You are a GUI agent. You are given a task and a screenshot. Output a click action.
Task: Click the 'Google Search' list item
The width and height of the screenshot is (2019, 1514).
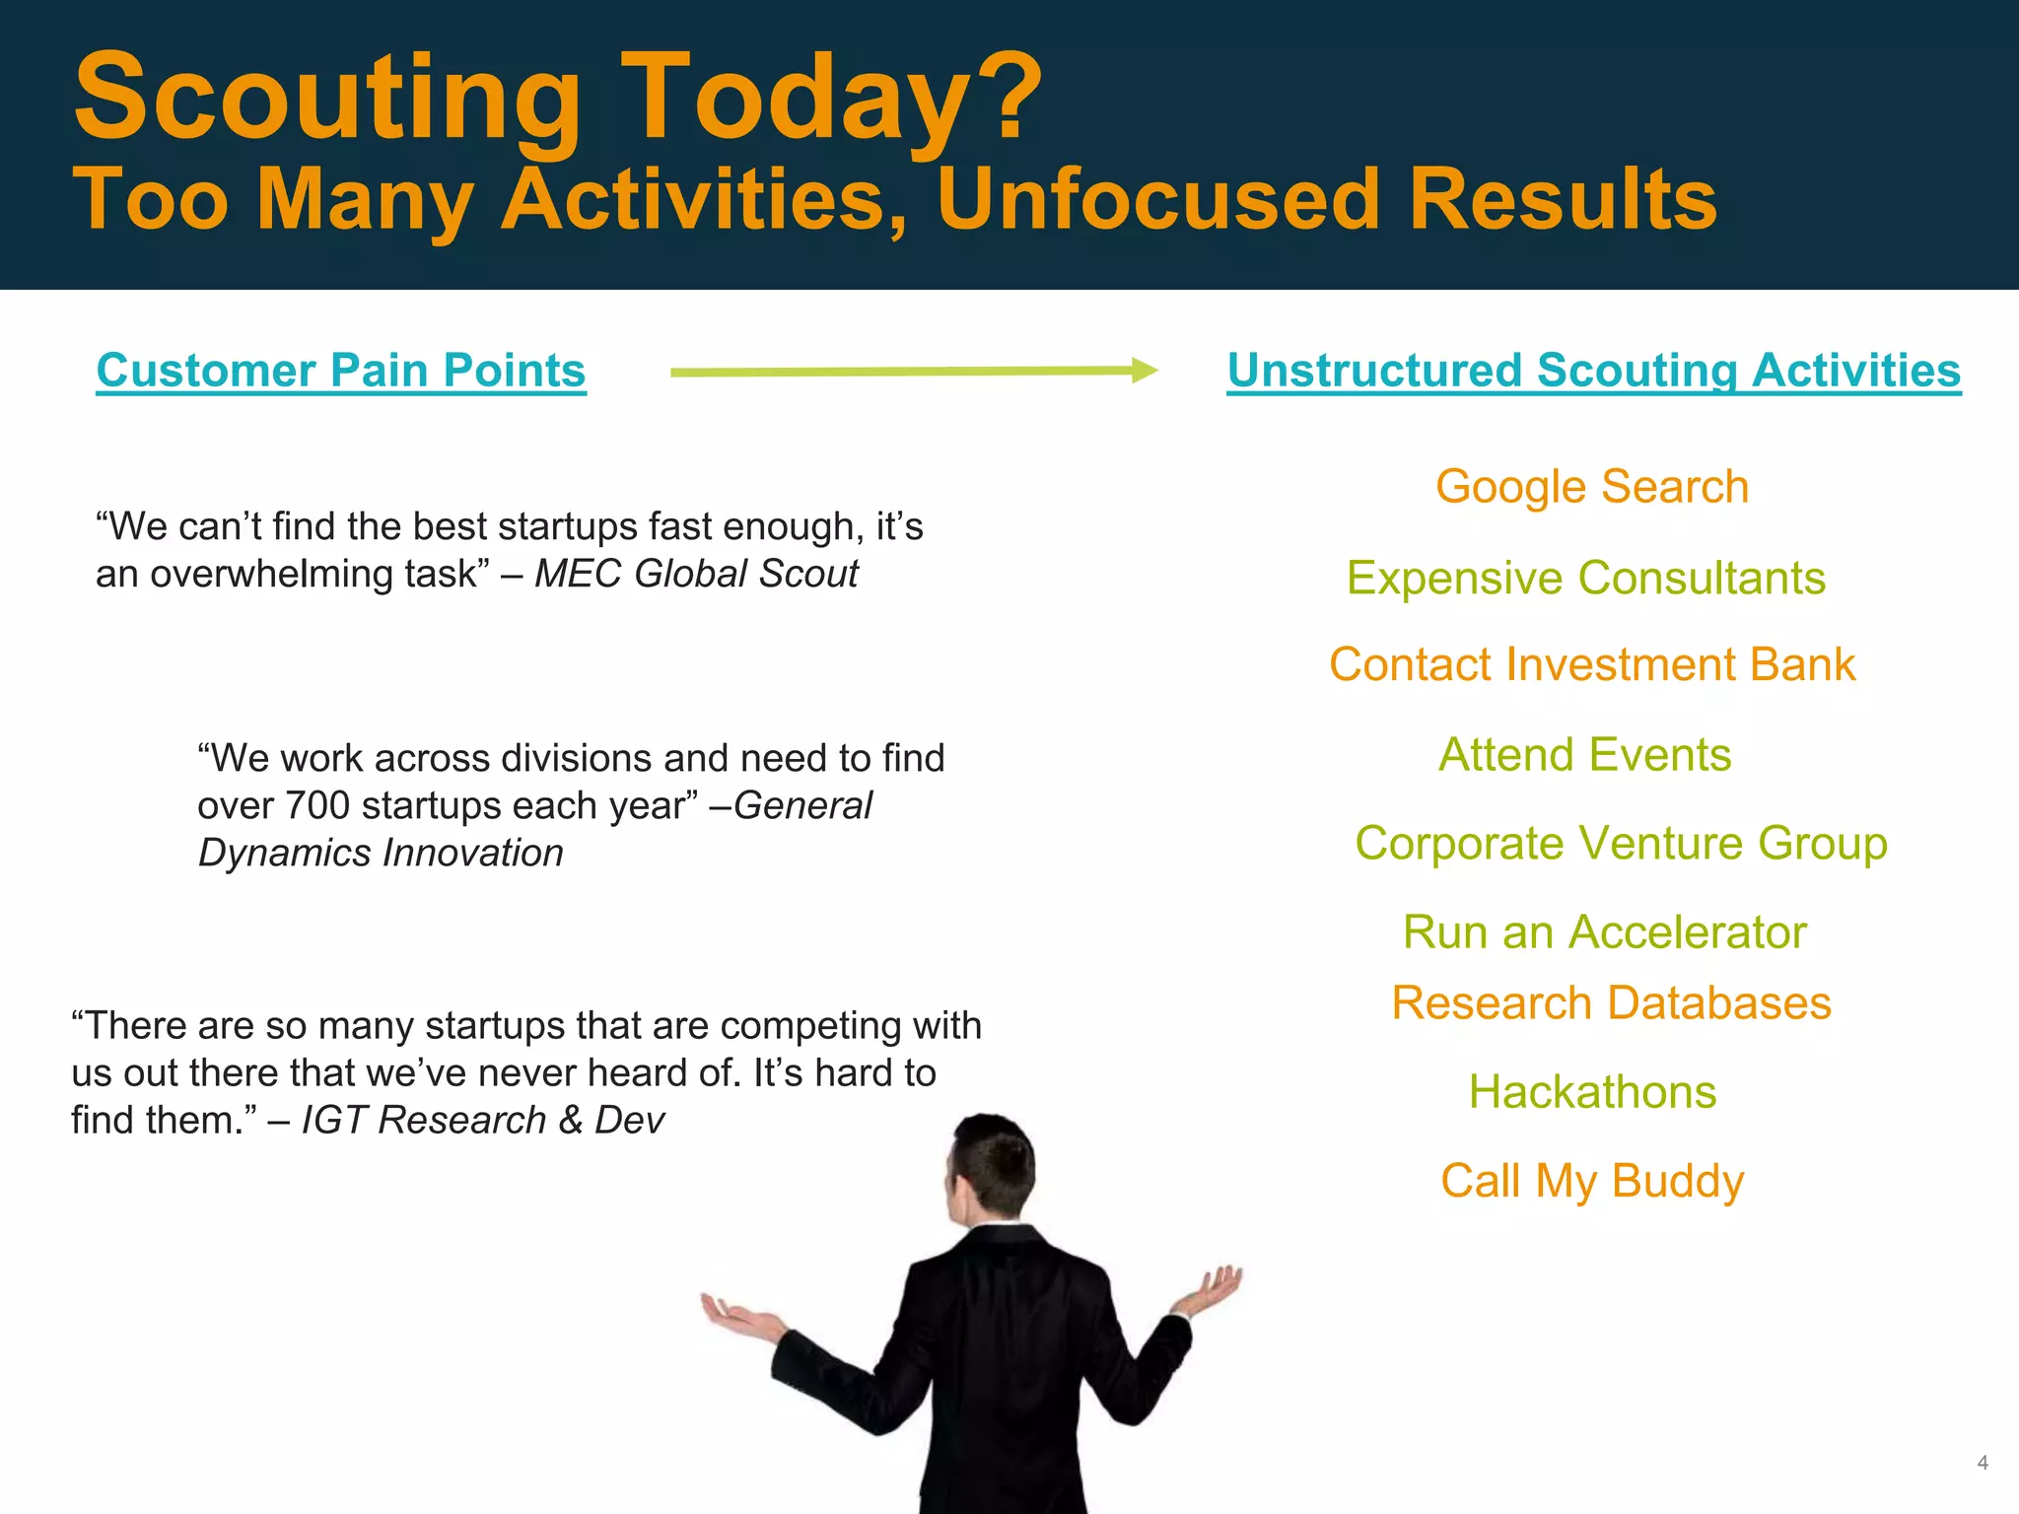click(x=1591, y=487)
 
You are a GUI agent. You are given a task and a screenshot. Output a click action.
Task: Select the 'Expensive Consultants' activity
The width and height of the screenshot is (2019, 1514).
click(x=1585, y=578)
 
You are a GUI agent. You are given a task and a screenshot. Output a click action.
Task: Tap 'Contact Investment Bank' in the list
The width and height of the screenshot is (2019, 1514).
click(x=1591, y=664)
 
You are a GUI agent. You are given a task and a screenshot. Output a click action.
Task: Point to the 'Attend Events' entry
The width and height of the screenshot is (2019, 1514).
click(x=1584, y=755)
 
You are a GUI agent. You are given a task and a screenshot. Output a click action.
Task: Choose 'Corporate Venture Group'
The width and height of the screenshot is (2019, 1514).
click(x=1620, y=844)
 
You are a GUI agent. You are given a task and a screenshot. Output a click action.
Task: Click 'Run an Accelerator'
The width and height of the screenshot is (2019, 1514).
click(x=1604, y=932)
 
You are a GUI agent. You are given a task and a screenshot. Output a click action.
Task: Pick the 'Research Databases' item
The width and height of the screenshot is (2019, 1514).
click(x=1611, y=1003)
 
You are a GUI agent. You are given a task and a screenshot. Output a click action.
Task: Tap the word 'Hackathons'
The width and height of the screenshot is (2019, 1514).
click(x=1592, y=1092)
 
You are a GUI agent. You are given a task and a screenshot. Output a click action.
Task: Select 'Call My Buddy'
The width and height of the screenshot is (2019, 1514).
click(x=1591, y=1181)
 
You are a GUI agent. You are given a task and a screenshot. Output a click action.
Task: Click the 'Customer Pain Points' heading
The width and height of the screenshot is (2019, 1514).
click(x=341, y=371)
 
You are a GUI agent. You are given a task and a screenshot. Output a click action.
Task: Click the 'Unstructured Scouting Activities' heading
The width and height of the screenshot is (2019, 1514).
click(x=1593, y=371)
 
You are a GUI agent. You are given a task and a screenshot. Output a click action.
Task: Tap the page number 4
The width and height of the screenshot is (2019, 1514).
click(x=1982, y=1463)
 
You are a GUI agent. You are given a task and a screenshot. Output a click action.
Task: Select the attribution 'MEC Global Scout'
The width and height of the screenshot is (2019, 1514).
click(x=696, y=574)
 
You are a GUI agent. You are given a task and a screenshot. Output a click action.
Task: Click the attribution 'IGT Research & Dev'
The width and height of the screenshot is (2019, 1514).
click(x=482, y=1121)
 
